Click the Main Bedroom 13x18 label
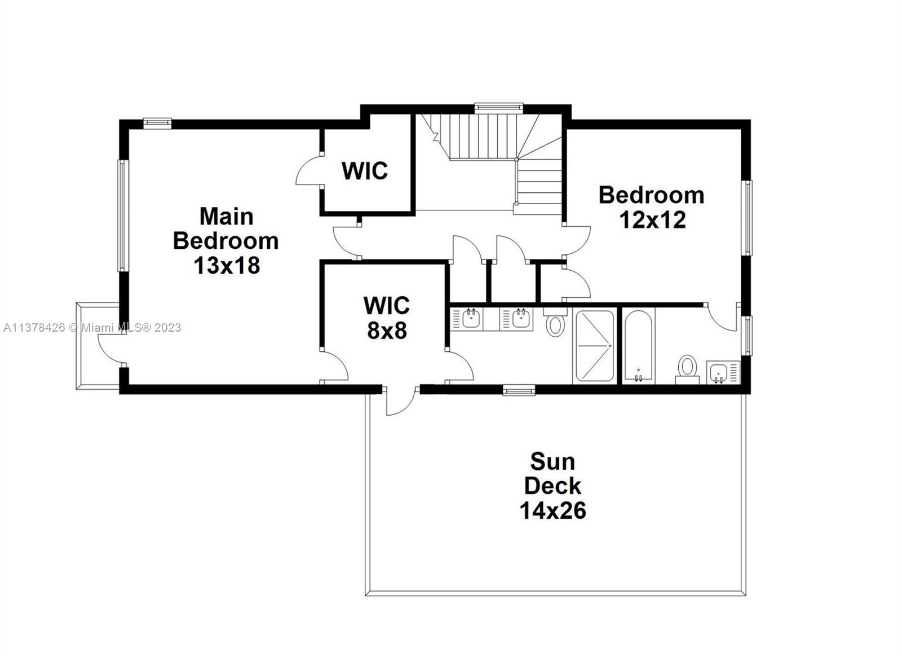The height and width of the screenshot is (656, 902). [x=225, y=240]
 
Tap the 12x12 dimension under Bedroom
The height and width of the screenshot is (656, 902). [x=652, y=220]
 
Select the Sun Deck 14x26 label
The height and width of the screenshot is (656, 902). [x=552, y=486]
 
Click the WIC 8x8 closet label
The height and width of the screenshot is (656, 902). [x=387, y=318]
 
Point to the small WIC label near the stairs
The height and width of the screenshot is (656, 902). [x=365, y=170]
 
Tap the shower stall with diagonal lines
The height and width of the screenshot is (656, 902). [x=593, y=345]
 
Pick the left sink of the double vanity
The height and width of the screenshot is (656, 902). [x=471, y=319]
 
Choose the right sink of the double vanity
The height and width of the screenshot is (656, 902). [x=521, y=319]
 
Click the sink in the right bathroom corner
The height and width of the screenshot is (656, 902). [x=718, y=373]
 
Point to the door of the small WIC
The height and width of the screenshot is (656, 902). [x=307, y=171]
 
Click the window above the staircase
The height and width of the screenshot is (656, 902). [x=498, y=106]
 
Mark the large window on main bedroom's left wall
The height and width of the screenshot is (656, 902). [x=121, y=215]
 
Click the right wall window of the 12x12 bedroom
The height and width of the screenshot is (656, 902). [x=747, y=218]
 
